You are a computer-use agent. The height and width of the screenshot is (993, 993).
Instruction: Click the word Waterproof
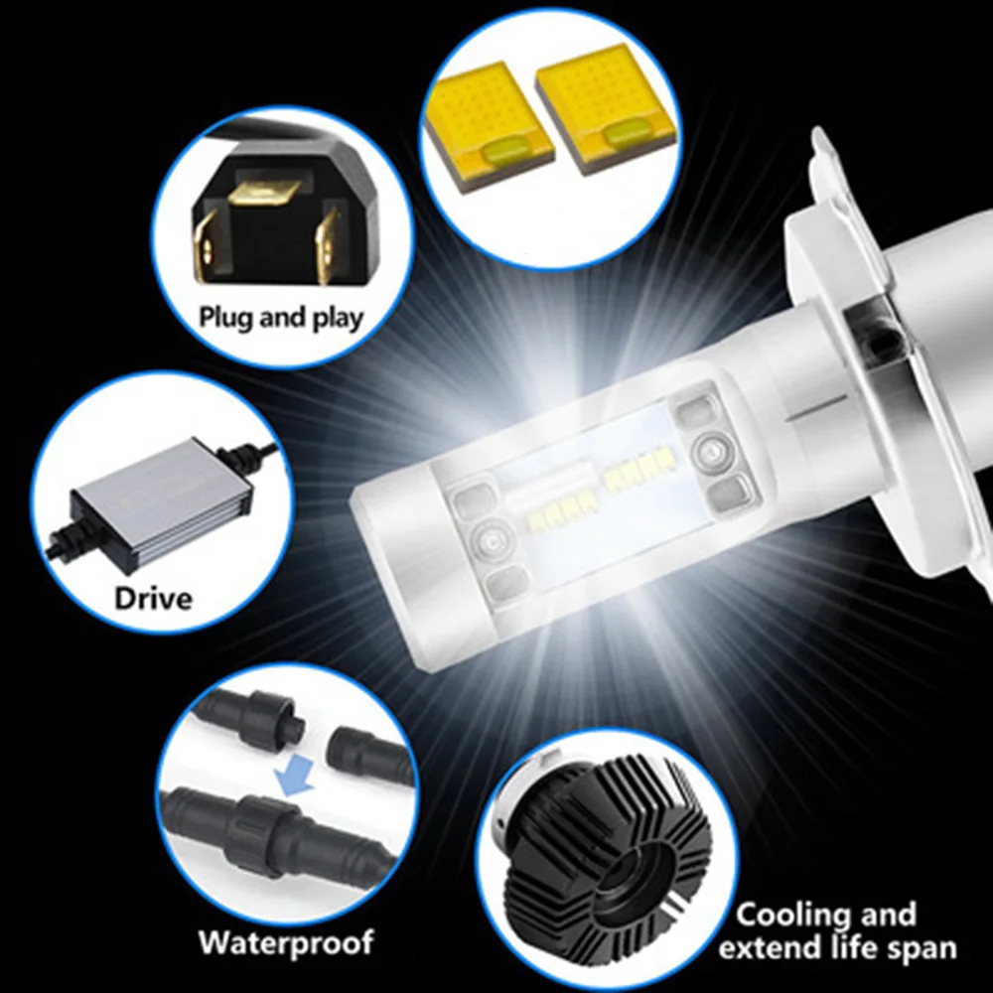286,941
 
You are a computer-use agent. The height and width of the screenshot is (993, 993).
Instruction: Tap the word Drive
153,599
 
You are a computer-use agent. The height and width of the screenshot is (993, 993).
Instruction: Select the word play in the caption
339,319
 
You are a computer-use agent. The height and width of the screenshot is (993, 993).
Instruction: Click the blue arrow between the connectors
296,779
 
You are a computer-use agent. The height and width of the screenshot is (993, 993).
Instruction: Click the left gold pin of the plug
209,245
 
